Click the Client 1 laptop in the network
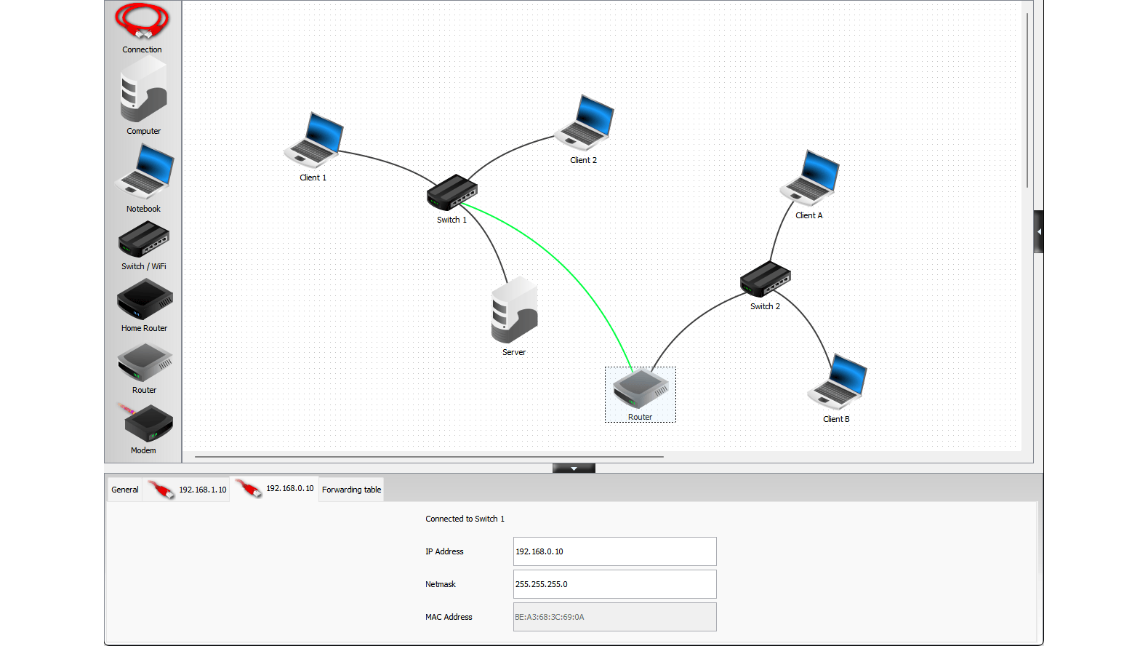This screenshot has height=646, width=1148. tap(314, 140)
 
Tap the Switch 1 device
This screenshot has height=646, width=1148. tap(451, 193)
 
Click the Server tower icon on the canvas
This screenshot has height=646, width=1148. tap(514, 310)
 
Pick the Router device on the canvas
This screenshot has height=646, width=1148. tap(640, 389)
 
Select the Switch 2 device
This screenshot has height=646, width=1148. tap(765, 279)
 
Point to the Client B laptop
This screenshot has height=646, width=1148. tap(837, 381)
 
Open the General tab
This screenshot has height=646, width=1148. tap(125, 490)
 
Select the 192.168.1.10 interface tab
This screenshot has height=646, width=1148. tap(188, 490)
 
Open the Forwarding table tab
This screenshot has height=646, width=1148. tap(351, 490)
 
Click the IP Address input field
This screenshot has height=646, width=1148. tap(614, 551)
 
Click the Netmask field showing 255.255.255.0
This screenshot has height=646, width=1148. tap(614, 584)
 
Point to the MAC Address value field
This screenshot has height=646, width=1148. tap(614, 617)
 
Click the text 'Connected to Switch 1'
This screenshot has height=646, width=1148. tap(465, 519)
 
